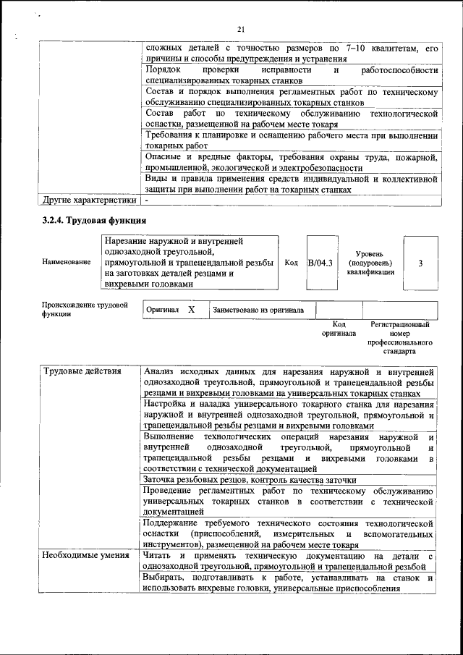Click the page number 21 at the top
[242, 29]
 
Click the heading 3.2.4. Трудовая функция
[94, 220]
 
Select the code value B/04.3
[320, 263]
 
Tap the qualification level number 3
[420, 263]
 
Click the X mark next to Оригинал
[191, 310]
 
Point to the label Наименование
[67, 263]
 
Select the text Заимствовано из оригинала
[258, 310]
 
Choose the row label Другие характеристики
[90, 200]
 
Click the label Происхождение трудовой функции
[84, 310]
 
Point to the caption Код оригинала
[339, 329]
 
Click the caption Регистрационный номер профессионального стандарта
[400, 338]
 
